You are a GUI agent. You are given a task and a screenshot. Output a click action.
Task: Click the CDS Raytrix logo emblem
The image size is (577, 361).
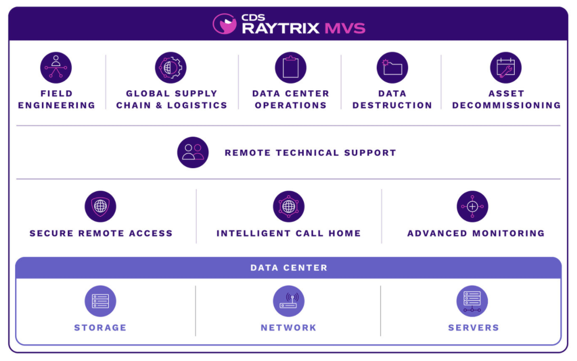tap(225, 24)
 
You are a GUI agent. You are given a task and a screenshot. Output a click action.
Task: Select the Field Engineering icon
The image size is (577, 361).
tap(56, 68)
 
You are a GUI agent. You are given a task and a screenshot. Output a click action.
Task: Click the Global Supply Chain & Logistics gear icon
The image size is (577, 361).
tap(171, 68)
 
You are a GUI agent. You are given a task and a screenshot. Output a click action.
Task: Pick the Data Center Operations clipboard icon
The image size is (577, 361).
tap(290, 68)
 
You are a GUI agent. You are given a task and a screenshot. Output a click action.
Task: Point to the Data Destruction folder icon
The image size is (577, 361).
tap(392, 68)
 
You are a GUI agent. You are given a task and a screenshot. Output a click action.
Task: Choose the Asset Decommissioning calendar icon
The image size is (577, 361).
tap(506, 68)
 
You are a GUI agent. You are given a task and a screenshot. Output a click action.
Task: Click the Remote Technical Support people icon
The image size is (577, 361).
tap(193, 152)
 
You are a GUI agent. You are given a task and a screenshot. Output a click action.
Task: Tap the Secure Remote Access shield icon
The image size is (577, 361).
tap(100, 206)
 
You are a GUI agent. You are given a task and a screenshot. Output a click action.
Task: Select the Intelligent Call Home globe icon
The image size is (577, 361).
tap(288, 206)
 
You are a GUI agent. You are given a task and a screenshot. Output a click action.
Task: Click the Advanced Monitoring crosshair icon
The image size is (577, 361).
tap(472, 206)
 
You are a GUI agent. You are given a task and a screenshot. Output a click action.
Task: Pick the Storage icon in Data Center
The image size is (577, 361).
tap(100, 301)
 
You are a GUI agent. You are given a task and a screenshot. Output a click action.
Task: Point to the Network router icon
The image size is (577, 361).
tap(288, 301)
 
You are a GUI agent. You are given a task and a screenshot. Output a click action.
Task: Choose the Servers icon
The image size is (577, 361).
tap(472, 301)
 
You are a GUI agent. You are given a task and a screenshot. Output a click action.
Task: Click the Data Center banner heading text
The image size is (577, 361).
tap(289, 268)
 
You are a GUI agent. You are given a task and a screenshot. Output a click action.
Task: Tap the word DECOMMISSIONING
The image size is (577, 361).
tap(506, 105)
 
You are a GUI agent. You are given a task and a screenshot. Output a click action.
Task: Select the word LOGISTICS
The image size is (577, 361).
tap(197, 105)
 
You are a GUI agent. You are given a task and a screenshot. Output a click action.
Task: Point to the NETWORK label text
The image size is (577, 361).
tap(288, 328)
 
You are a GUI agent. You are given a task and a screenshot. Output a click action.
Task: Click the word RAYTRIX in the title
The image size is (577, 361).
tap(280, 28)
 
